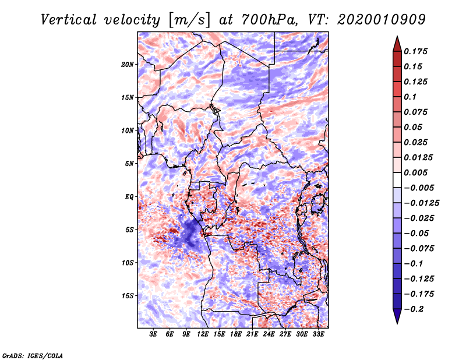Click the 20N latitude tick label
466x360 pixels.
(x=128, y=64)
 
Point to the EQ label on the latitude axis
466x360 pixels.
(x=129, y=196)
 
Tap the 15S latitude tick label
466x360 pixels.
(x=128, y=295)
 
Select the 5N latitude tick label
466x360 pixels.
(x=129, y=163)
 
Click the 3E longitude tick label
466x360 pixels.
(x=154, y=334)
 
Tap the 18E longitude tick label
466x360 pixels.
(x=236, y=334)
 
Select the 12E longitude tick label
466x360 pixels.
(x=203, y=334)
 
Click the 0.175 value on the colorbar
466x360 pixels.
(x=416, y=51)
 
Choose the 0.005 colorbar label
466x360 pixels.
(x=416, y=172)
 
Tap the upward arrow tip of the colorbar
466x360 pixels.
(x=397, y=38)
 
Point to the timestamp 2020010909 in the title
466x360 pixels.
(x=377, y=19)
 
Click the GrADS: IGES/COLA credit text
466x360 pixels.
(x=32, y=355)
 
